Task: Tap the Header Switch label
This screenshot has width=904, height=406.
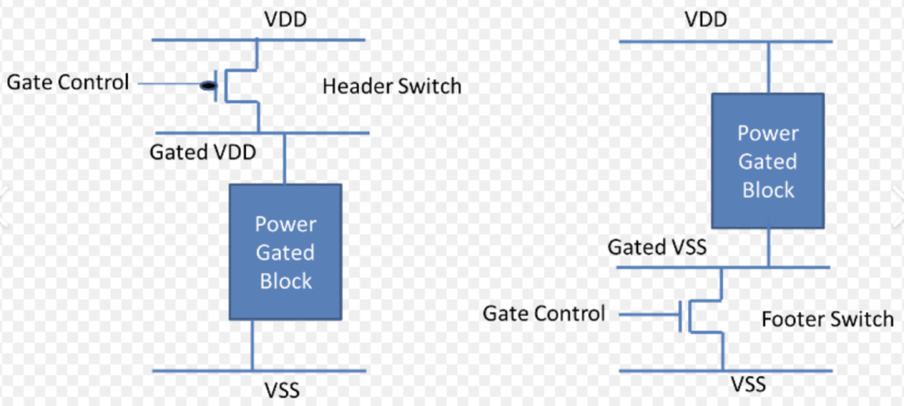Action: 392,85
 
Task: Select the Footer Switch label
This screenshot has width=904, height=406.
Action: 827,319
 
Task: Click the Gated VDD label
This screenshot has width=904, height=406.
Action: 203,152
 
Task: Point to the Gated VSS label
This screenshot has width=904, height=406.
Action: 657,247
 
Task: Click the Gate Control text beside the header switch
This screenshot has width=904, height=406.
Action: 68,82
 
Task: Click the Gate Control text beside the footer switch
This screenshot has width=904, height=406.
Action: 543,314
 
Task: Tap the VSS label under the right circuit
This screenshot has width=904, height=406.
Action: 747,385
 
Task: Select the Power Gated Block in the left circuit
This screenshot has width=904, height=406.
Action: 285,252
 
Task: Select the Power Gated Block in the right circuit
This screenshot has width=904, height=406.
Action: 768,161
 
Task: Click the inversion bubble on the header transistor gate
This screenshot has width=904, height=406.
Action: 206,85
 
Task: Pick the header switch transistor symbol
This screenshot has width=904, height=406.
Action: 239,85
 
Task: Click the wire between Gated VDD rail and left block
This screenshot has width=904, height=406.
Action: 285,159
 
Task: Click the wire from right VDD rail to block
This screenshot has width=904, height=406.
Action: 768,66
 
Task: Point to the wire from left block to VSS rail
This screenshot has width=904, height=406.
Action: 251,344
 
